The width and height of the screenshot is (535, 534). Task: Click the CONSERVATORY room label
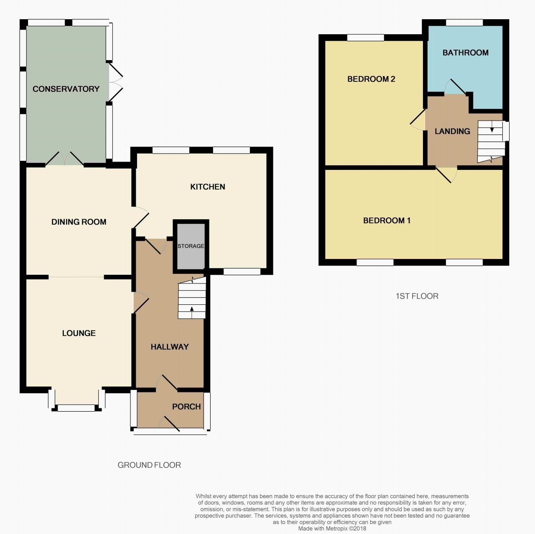(x=66, y=89)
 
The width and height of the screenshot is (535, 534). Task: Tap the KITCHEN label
(x=208, y=187)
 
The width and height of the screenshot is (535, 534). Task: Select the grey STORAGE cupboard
(x=191, y=247)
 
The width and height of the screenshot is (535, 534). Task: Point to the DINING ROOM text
(x=79, y=222)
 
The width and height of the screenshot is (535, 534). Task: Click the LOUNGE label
(x=79, y=333)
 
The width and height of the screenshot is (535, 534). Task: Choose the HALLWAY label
(x=170, y=347)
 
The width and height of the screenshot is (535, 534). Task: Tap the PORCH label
(x=186, y=407)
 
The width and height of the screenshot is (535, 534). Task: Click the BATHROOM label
(x=465, y=53)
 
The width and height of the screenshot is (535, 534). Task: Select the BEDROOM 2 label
(x=371, y=79)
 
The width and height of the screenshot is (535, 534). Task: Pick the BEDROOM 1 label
(x=387, y=220)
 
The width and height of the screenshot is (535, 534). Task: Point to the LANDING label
(x=452, y=131)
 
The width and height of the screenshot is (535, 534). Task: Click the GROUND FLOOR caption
(x=149, y=465)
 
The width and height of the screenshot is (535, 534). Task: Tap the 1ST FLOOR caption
(x=417, y=296)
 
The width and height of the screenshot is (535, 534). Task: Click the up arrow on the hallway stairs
(x=191, y=312)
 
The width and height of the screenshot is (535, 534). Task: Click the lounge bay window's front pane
(x=76, y=408)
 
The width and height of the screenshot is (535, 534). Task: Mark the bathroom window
(x=464, y=23)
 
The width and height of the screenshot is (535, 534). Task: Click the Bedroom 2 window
(x=365, y=38)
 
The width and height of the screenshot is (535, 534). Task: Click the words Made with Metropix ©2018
(x=332, y=529)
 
